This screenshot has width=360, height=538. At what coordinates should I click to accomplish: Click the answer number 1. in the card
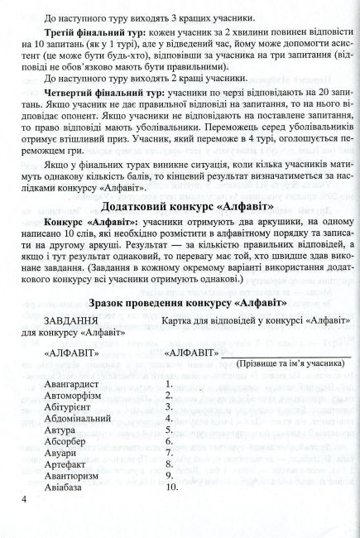(170, 384)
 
